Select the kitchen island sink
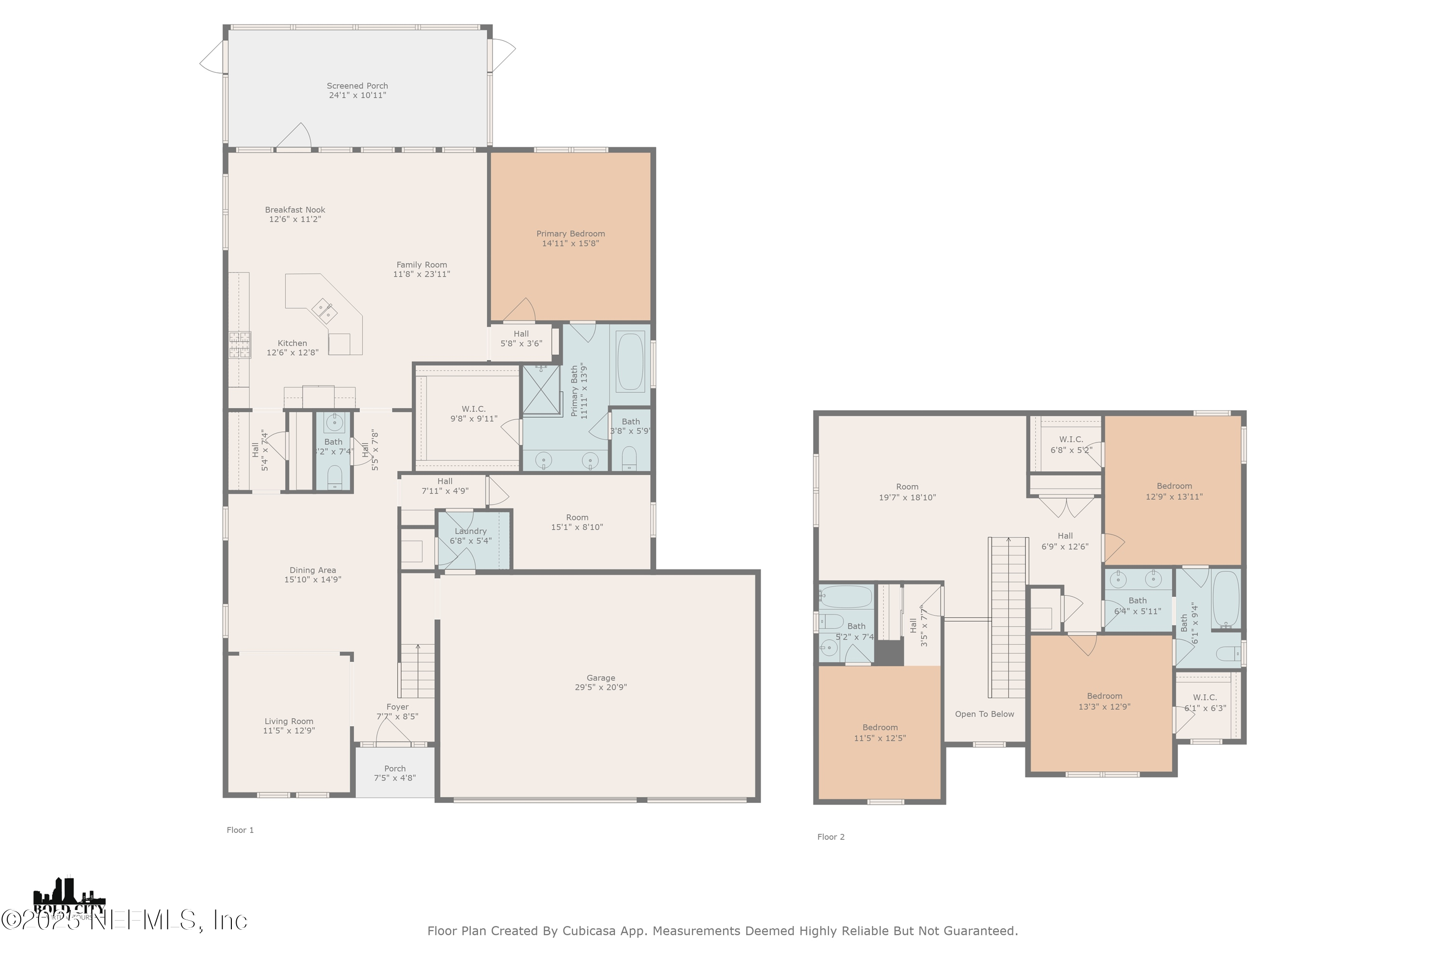pos(324,310)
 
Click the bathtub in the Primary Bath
pos(629,361)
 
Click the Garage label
pos(600,678)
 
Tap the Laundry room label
pos(470,531)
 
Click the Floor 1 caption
pos(240,830)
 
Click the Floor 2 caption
pos(830,837)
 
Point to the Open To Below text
pos(984,714)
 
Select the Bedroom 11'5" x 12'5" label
pos(880,727)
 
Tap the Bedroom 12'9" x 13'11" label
pos(1174,486)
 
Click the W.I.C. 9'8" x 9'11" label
pos(473,409)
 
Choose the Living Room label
pos(289,721)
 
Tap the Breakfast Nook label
pos(295,210)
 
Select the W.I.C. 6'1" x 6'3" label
pos(1205,697)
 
